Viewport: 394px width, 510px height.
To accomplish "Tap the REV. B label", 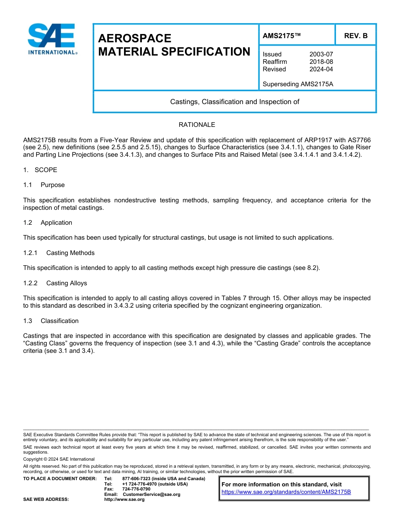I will [356, 36].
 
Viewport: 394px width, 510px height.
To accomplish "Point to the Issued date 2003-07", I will [321, 54].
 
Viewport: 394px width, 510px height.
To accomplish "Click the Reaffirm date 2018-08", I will [321, 62].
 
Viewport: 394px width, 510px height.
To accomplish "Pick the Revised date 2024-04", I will [321, 69].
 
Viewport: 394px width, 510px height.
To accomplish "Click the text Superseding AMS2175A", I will [298, 84].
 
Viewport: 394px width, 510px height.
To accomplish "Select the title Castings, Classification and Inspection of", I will [235, 102].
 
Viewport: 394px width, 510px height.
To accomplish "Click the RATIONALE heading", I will [197, 125].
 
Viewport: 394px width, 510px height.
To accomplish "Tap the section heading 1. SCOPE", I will [40, 170].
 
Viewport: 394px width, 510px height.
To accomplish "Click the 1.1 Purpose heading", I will [44, 185].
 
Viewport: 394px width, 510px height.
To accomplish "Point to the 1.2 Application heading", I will [48, 223].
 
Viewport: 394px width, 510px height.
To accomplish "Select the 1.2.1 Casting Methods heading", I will [59, 253].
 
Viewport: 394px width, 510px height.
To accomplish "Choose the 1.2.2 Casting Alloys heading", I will [55, 283].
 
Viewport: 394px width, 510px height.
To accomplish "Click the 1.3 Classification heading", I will [51, 321].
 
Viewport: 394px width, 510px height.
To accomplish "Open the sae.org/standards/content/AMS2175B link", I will [286, 492].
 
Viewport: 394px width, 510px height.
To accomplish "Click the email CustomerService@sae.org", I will [151, 494].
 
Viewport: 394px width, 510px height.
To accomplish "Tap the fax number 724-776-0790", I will [136, 489].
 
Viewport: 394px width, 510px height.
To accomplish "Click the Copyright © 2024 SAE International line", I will [59, 459].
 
